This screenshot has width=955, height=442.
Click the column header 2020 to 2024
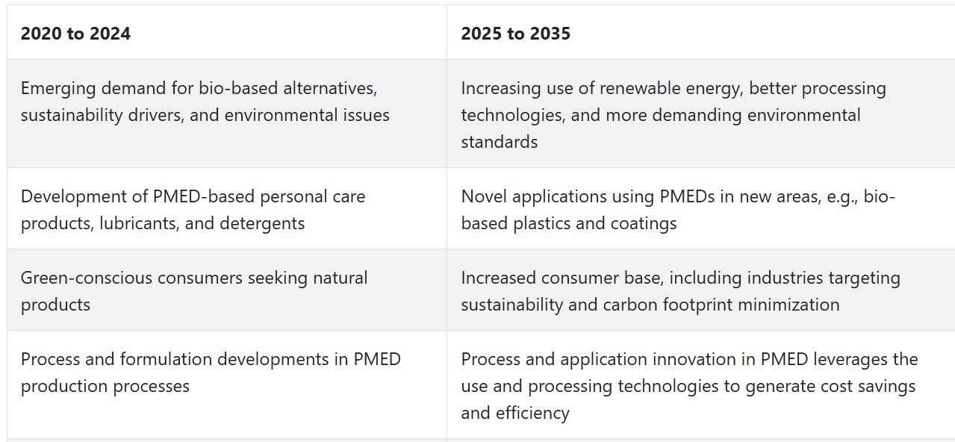pos(75,34)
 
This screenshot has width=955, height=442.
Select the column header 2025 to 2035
pos(515,34)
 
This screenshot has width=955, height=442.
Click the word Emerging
pos(58,89)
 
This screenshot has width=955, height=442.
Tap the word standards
pos(500,142)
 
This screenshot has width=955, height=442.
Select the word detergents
pos(262,224)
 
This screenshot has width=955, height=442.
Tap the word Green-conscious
pos(86,278)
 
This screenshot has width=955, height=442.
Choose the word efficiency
pos(532,414)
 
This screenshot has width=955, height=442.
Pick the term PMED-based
pos(203,196)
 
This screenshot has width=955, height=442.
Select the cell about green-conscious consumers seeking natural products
pos(227,290)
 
